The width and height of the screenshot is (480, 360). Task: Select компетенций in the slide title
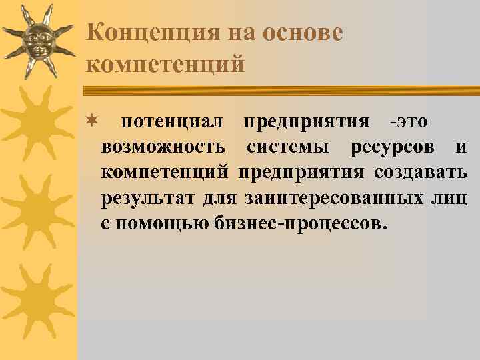pos(166,64)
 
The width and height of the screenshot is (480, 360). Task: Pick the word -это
pos(409,123)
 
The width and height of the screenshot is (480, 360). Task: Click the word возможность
pos(163,148)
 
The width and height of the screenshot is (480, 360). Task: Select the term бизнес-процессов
pos(300,223)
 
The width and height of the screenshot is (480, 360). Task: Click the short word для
pos(220,198)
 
